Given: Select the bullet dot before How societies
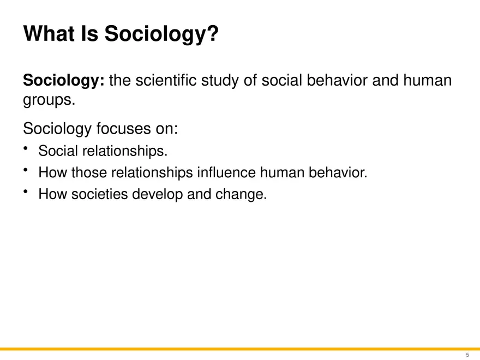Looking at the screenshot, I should point(26,192).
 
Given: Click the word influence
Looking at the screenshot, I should point(226,173).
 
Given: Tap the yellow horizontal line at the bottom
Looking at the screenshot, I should point(240,349).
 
